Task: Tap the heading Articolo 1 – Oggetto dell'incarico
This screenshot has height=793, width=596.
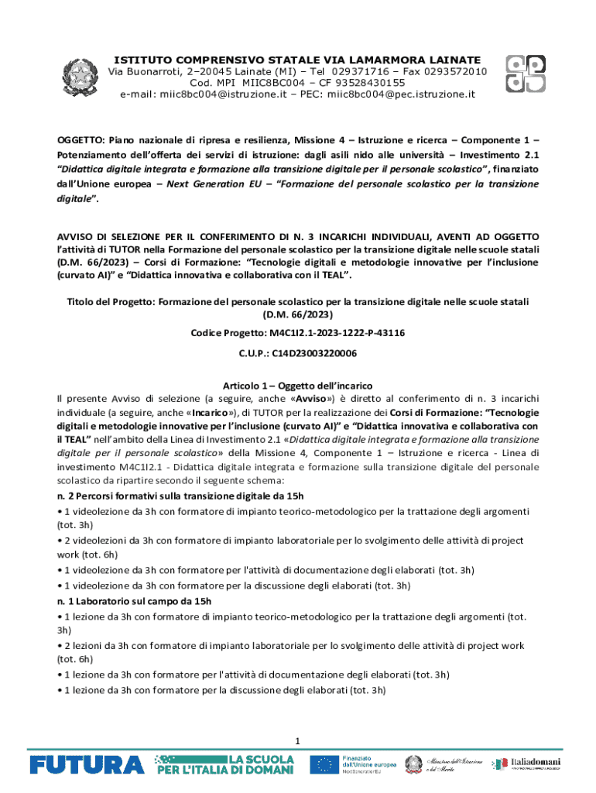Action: [298, 386]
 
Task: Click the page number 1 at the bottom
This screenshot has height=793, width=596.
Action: [296, 742]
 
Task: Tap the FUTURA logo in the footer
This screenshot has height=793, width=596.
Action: [87, 764]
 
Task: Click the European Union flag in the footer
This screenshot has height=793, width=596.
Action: [322, 764]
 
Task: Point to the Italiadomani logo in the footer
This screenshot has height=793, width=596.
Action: [538, 764]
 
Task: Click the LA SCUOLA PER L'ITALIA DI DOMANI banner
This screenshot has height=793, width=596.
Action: [226, 764]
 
